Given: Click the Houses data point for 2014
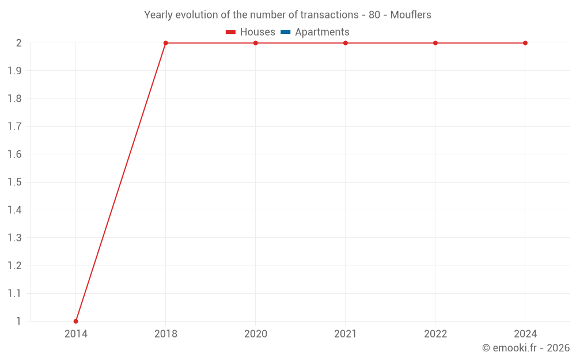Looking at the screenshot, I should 75,321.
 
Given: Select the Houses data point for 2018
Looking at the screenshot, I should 166,43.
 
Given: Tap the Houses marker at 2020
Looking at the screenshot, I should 256,43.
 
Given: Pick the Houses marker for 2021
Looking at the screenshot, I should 346,43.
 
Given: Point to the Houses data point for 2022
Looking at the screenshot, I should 435,43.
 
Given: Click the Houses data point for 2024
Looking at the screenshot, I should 525,43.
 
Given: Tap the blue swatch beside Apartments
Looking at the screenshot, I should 286,32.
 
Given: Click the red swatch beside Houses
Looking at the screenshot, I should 231,32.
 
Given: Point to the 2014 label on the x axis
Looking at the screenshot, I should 75,334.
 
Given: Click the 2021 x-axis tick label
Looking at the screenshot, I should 346,334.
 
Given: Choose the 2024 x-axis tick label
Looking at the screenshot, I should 525,334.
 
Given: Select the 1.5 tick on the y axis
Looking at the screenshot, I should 14,182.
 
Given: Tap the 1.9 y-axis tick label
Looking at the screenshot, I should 14,71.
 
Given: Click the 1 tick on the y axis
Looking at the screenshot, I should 18,321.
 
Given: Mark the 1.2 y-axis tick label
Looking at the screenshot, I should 14,266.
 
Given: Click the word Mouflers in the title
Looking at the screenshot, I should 411,15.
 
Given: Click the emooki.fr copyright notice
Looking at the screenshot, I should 526,348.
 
